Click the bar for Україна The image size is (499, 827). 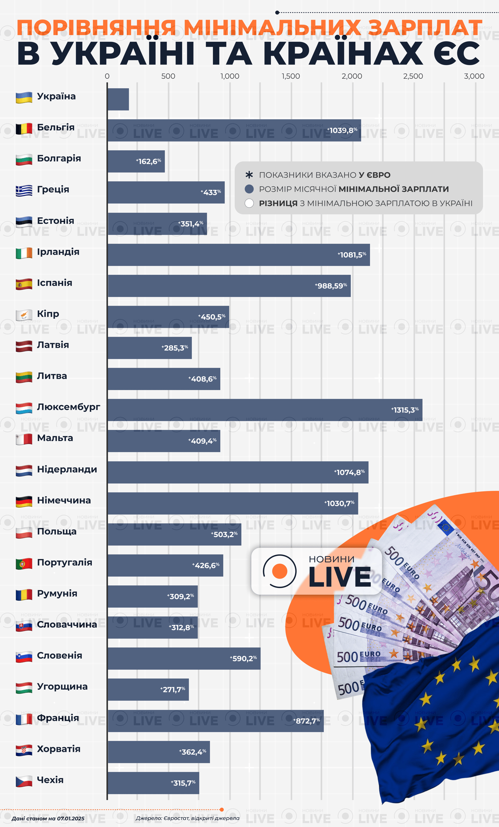point(118,99)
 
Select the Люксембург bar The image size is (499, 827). point(264,410)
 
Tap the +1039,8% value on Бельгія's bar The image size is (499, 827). point(343,130)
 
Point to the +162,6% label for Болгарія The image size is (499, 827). point(149,161)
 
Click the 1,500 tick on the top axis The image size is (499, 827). point(291,76)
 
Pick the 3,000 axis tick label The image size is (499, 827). point(474,76)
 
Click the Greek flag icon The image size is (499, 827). point(24,191)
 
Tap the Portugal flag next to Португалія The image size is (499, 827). point(24,564)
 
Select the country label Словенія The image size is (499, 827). point(60,655)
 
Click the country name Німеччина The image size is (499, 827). point(64,500)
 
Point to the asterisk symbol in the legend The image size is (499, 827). point(249,175)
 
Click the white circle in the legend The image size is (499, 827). point(249,203)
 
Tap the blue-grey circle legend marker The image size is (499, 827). point(249,189)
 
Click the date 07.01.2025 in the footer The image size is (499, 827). point(71,818)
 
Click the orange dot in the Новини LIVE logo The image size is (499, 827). point(279,571)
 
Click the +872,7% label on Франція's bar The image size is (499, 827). point(307,721)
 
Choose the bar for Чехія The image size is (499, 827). point(153,783)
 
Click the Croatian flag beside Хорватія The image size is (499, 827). point(24,750)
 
